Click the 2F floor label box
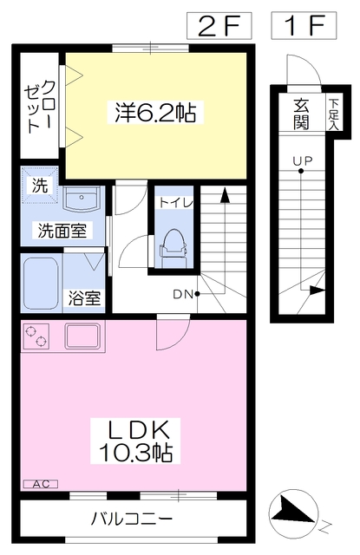[x=219, y=25]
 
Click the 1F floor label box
[x=304, y=25]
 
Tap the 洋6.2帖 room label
[x=155, y=112]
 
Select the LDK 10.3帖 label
[x=135, y=441]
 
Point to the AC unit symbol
[x=41, y=484]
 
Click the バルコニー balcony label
[x=132, y=519]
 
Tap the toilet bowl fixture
[x=173, y=246]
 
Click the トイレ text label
[x=176, y=203]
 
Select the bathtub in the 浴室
[x=41, y=284]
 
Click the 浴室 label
[x=84, y=298]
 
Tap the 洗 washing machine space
[x=39, y=185]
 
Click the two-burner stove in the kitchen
[x=36, y=336]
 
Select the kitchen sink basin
[x=82, y=336]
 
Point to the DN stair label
[x=182, y=294]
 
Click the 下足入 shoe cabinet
[x=333, y=114]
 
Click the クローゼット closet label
[x=39, y=107]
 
